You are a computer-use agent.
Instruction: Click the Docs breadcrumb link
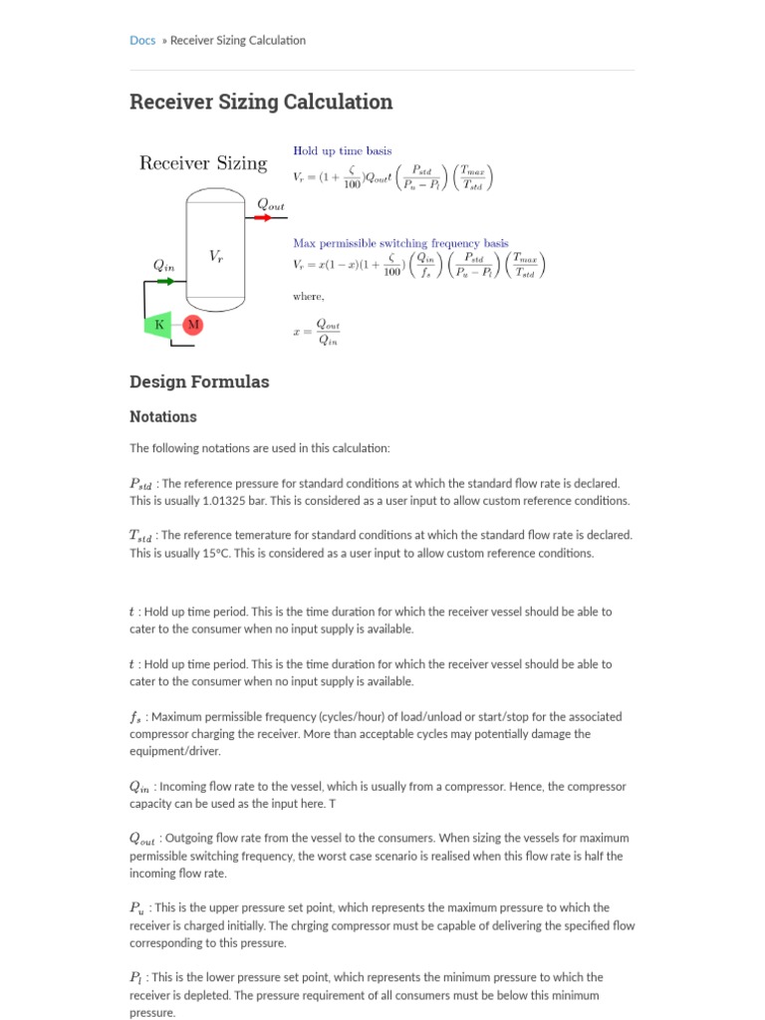click(x=142, y=41)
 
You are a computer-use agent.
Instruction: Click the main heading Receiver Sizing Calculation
click(x=261, y=102)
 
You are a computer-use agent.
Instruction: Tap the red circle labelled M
click(x=193, y=324)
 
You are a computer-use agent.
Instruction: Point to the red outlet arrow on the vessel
click(x=269, y=218)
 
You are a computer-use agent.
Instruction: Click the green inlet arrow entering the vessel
click(x=165, y=282)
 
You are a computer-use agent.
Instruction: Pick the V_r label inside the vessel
click(x=216, y=256)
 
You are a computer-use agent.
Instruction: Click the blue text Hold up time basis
click(x=342, y=150)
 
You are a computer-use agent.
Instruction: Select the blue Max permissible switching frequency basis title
click(x=399, y=243)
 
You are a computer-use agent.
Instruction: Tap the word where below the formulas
click(x=308, y=296)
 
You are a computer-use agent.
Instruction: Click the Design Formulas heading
click(x=199, y=382)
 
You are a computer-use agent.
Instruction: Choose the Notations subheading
click(x=163, y=416)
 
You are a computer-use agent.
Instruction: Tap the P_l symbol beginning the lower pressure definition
click(x=136, y=978)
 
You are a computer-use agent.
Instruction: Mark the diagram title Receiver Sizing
click(x=202, y=163)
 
